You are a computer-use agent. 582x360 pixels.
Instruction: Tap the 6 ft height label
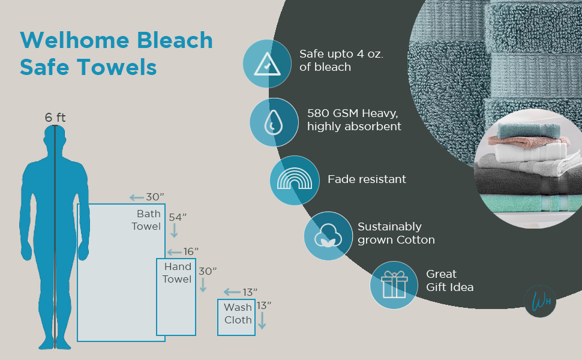coord(55,118)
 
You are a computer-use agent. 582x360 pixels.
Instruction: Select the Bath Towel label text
coord(148,220)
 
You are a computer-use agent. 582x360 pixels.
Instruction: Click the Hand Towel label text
coord(177,273)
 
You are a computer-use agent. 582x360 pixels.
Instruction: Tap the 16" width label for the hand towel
coord(190,251)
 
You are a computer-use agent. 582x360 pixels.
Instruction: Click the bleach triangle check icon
coord(266,63)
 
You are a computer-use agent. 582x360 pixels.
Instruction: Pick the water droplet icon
coord(274,122)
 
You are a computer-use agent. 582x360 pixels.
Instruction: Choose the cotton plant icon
coord(328,235)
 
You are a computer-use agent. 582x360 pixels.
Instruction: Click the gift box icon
coord(394,285)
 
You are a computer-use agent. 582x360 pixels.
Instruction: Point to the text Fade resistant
coord(367,179)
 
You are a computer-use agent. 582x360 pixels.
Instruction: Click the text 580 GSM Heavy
coord(347,113)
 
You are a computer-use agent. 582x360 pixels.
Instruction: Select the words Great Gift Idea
coord(449,281)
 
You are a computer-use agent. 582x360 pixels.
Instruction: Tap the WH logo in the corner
coord(539,301)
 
